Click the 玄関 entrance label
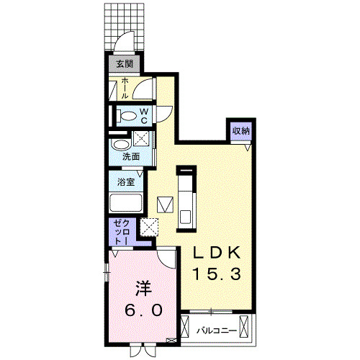(120, 63)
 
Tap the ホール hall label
(125, 89)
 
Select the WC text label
(144, 115)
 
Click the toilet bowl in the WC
(127, 115)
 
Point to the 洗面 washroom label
(130, 156)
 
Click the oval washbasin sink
(120, 143)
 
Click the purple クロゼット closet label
(120, 233)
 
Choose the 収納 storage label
(240, 130)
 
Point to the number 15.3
(220, 274)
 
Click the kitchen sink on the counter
(186, 215)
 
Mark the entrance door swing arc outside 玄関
(124, 42)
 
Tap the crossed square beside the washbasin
(141, 140)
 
